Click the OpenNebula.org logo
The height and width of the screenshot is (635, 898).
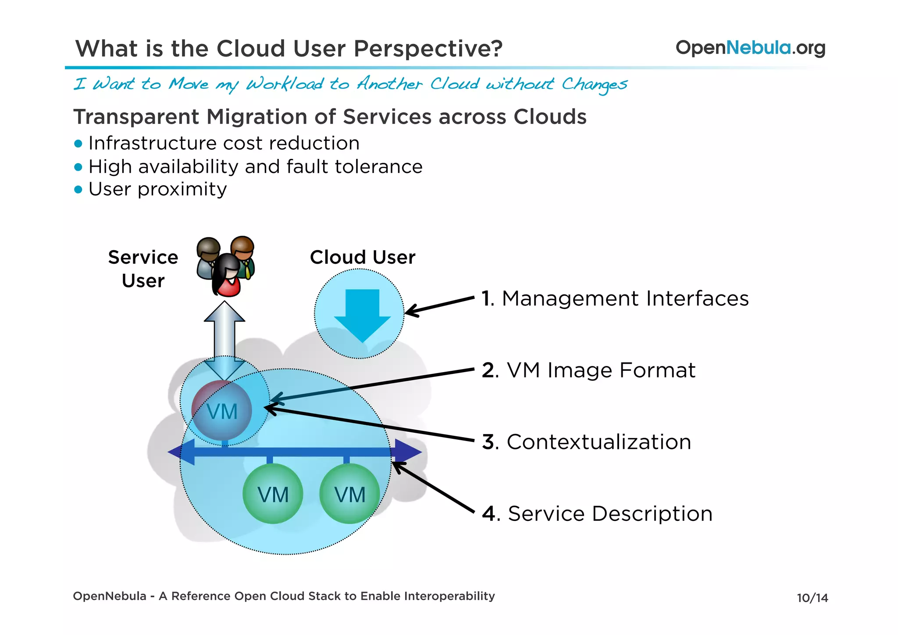pyautogui.click(x=750, y=47)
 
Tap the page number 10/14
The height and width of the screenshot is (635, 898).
pyautogui.click(x=812, y=598)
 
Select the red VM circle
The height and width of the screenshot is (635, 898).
pyautogui.click(x=222, y=411)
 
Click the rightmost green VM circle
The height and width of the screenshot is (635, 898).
pyautogui.click(x=349, y=494)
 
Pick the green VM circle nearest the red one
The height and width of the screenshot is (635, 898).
pyautogui.click(x=273, y=494)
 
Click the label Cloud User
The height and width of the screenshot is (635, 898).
pyautogui.click(x=362, y=257)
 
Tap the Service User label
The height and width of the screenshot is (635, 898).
pyautogui.click(x=143, y=269)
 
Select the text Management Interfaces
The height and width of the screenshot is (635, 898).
pyautogui.click(x=625, y=298)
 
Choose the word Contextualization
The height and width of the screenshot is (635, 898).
pyautogui.click(x=599, y=442)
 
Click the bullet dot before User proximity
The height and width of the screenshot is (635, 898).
pyautogui.click(x=78, y=190)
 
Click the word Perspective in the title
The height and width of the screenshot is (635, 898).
pyautogui.click(x=428, y=48)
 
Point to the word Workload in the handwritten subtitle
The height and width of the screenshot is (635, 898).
pyautogui.click(x=285, y=83)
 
